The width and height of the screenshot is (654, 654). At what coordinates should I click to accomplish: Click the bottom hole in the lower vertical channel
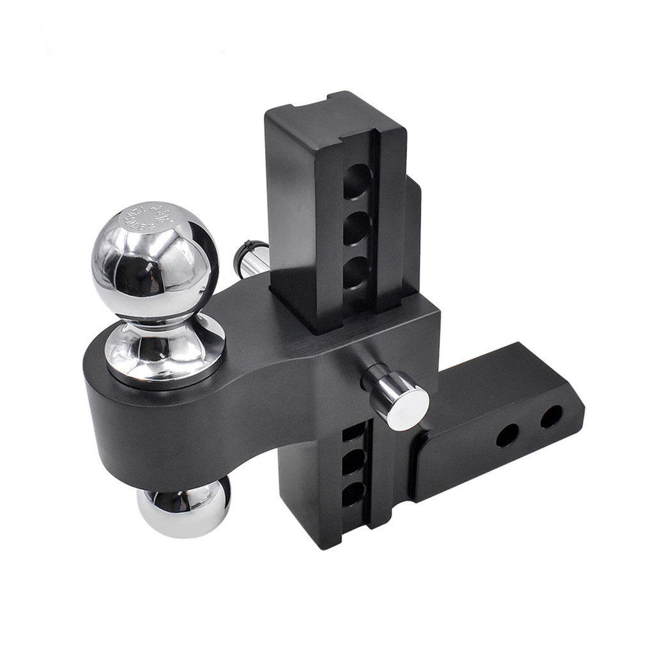click(x=353, y=495)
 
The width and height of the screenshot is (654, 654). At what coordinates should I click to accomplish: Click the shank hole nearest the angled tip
click(x=551, y=417)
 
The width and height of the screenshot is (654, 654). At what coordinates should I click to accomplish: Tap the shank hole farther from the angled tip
click(x=507, y=436)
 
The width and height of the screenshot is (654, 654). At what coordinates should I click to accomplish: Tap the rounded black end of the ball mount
click(x=102, y=415)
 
